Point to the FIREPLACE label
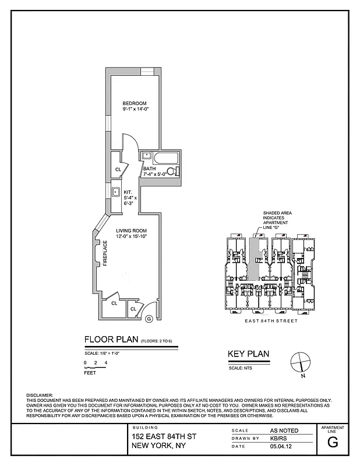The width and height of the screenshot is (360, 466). pos(105,253)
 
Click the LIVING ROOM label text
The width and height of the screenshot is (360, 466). pos(131,231)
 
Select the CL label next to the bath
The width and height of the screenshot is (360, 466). pos(118,170)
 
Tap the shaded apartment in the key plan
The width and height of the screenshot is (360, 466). pos(254,256)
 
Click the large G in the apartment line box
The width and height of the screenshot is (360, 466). pos(333,441)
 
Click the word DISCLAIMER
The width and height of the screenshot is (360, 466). pos(40,396)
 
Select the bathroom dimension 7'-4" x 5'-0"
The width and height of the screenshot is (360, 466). pos(156,174)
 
